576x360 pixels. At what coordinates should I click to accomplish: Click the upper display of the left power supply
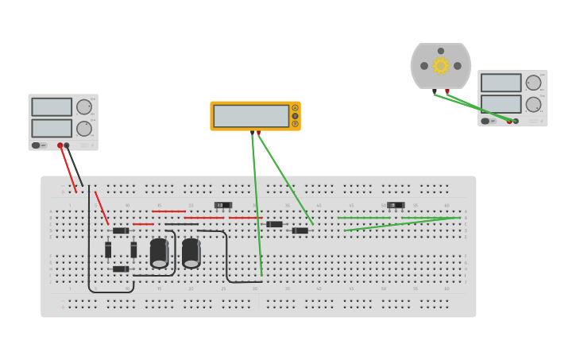point(52,107)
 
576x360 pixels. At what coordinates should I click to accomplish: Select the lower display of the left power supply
point(52,128)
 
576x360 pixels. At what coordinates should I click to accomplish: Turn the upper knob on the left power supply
point(84,107)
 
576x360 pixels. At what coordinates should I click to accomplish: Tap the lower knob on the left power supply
point(84,129)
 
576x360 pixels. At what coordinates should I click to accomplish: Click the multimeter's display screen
point(251,116)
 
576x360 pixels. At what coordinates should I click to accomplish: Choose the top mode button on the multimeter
point(296,108)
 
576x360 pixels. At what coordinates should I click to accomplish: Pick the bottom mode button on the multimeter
point(296,124)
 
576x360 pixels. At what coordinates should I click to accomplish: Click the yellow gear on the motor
point(441,66)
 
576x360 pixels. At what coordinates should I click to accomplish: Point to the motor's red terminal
point(447,91)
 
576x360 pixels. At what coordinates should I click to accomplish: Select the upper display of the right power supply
point(501,83)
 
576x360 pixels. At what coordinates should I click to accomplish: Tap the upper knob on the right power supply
point(533,83)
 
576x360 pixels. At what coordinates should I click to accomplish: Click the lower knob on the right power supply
point(533,104)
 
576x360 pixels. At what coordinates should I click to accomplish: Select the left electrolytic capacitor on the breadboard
point(159,254)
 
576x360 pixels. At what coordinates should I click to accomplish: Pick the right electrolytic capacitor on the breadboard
point(191,254)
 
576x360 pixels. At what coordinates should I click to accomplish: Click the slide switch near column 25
point(223,205)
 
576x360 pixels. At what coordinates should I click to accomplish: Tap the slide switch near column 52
point(396,205)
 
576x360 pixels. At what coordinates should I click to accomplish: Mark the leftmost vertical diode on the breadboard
point(108,250)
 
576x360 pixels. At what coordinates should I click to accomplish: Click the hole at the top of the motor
point(441,51)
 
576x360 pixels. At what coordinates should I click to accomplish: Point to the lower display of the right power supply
point(501,104)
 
